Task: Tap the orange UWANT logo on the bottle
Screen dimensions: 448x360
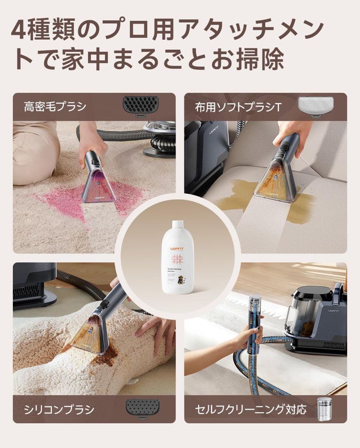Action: coord(177,248)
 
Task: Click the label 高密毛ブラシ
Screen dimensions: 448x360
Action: coord(55,107)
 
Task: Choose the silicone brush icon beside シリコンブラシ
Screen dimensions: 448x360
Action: coord(142,409)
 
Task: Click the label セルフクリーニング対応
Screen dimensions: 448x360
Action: coord(251,409)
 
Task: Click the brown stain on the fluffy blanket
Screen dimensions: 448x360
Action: coord(107,357)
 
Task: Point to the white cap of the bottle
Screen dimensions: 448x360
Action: coord(178,224)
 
